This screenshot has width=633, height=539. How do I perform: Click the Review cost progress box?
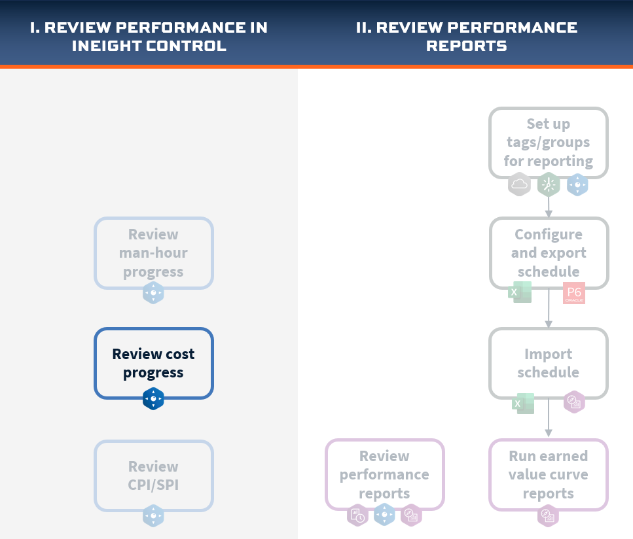(x=153, y=363)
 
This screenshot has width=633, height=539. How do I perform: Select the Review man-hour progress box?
(x=153, y=253)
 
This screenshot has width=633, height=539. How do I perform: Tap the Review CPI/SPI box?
(x=153, y=476)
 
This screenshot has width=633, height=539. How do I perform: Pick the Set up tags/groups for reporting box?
(x=548, y=143)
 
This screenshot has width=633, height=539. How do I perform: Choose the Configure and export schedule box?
(x=549, y=253)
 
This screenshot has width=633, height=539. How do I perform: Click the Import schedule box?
(x=548, y=363)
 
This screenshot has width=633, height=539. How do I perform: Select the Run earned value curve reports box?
(x=548, y=474)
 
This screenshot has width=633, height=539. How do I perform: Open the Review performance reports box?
(x=384, y=474)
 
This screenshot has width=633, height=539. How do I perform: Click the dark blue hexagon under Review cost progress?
(x=153, y=398)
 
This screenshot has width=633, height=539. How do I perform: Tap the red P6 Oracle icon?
(x=574, y=293)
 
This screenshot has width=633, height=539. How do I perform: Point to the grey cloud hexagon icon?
(x=519, y=184)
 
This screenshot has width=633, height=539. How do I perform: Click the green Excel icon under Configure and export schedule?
(x=520, y=292)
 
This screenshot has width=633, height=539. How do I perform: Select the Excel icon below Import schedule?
(x=523, y=404)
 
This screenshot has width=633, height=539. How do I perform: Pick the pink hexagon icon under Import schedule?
(x=575, y=402)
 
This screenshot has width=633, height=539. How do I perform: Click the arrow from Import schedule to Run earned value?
(x=548, y=417)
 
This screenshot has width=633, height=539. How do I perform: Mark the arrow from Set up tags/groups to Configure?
(x=548, y=207)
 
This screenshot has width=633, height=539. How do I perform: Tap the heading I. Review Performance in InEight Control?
(x=149, y=37)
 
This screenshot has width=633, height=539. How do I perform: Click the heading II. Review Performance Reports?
(x=467, y=37)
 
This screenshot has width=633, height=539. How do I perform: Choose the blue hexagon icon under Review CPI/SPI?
(x=153, y=515)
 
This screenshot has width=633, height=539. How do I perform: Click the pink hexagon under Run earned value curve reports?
(x=548, y=515)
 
